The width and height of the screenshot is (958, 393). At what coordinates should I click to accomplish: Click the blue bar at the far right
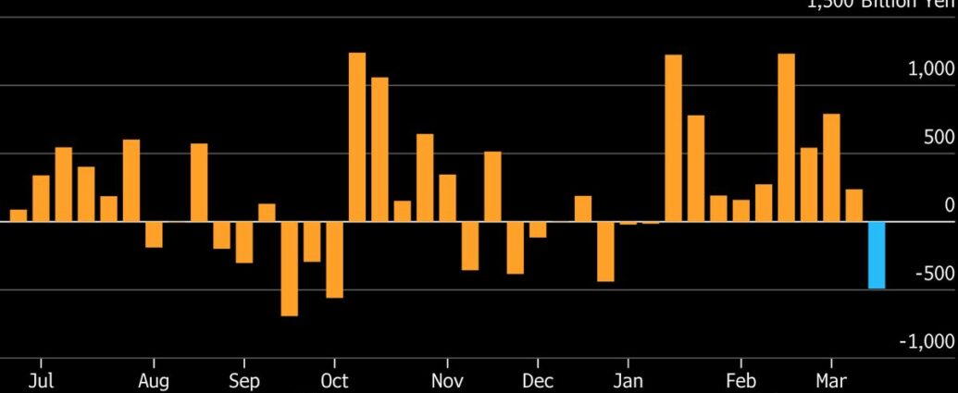tap(876, 255)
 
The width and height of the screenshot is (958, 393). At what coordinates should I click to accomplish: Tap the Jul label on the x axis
tap(41, 381)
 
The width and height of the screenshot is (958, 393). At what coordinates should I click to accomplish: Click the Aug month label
tap(154, 381)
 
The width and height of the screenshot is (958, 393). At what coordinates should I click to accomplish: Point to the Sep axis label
tap(244, 381)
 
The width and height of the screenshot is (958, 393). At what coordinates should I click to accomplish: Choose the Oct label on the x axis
tap(334, 381)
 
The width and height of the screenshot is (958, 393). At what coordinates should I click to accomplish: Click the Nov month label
tap(447, 381)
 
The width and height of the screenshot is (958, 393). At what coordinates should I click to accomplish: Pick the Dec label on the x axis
tap(538, 381)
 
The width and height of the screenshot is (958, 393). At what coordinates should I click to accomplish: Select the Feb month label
tap(741, 381)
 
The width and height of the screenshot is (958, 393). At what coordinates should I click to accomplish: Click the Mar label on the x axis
tap(831, 381)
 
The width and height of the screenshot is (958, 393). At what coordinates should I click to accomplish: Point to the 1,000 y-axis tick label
tap(930, 68)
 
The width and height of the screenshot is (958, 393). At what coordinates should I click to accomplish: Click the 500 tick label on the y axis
tap(939, 137)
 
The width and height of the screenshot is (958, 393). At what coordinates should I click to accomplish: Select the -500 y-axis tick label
tap(934, 274)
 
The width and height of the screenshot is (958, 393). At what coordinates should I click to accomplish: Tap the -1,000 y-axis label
tap(927, 341)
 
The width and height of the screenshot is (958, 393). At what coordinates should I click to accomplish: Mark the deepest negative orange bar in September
tap(290, 269)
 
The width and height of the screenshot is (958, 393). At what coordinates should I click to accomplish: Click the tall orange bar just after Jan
tap(673, 138)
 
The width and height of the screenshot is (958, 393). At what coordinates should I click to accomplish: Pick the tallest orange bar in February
tap(787, 138)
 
